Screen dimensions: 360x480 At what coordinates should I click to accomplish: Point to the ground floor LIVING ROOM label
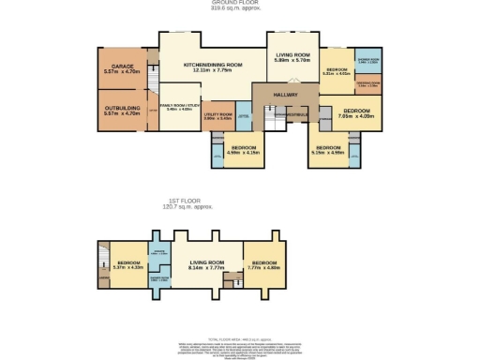(292, 55)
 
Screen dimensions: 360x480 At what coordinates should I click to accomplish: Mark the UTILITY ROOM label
(217, 114)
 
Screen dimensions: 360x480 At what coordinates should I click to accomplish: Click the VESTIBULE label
(297, 114)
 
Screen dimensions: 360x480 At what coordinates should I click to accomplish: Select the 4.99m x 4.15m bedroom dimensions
(246, 152)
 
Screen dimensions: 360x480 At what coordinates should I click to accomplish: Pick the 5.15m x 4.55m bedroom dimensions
(329, 152)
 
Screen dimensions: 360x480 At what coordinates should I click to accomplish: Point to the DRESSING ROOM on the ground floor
(367, 82)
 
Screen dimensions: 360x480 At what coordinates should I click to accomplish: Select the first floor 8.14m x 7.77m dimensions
(208, 268)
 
